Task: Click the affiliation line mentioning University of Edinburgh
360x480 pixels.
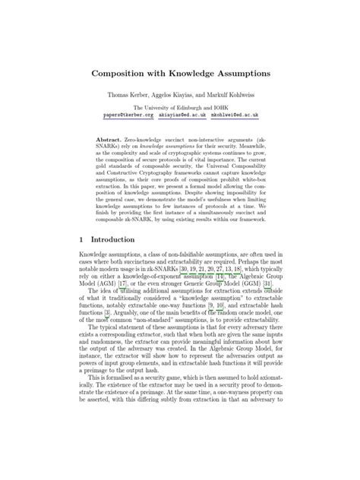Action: (180, 109)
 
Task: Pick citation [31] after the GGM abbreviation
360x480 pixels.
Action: (257, 286)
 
